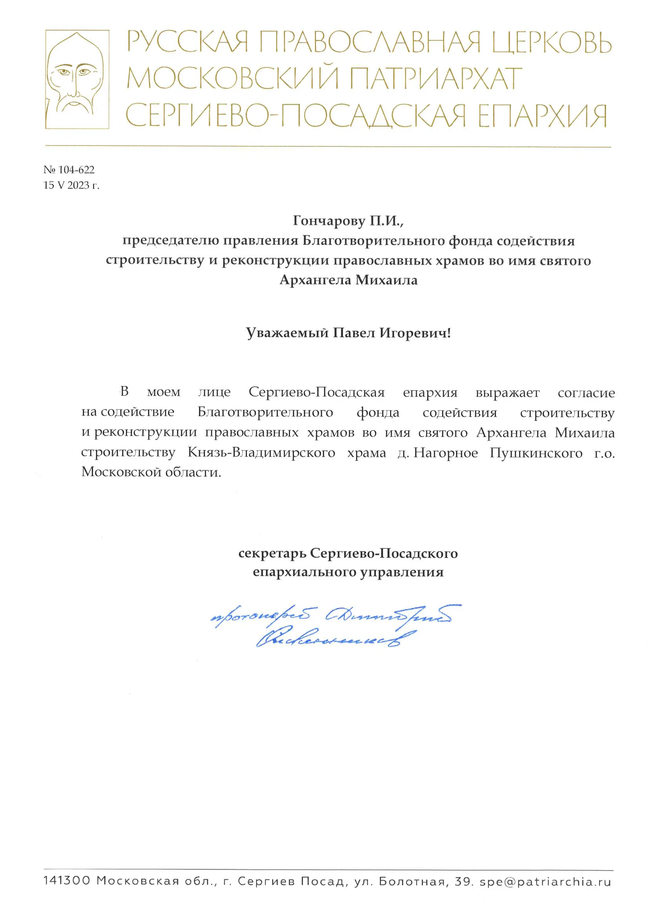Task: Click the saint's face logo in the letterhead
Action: click(x=77, y=79)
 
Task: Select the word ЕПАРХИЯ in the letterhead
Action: click(x=542, y=116)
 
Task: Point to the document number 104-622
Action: click(x=76, y=170)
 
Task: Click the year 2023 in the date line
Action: click(x=78, y=185)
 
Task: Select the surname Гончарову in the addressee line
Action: click(x=329, y=220)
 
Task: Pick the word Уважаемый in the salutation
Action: click(x=287, y=333)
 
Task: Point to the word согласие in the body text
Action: click(x=586, y=393)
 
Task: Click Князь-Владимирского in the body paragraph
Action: click(x=261, y=453)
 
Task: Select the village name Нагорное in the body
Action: click(x=446, y=453)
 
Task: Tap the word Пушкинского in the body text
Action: click(x=536, y=453)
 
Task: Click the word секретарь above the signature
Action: click(x=272, y=553)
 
